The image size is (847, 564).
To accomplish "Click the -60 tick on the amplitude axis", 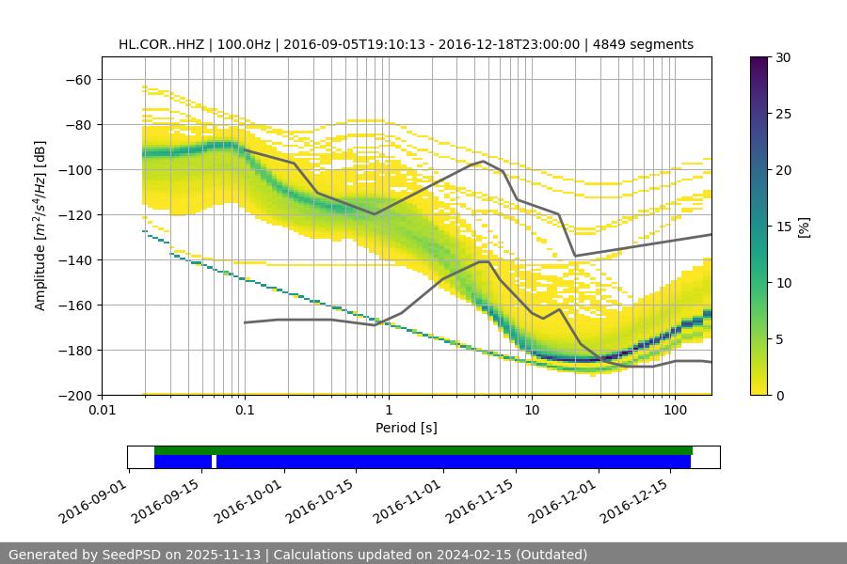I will (80, 79).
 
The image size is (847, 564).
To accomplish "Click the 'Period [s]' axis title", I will (406, 428).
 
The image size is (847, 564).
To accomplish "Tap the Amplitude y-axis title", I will (40, 226).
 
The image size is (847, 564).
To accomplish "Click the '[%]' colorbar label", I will (804, 226).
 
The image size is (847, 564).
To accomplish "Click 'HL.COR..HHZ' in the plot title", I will (158, 44).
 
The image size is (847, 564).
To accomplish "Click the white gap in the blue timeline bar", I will (214, 462).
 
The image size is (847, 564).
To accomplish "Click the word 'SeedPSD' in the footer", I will (134, 555).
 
